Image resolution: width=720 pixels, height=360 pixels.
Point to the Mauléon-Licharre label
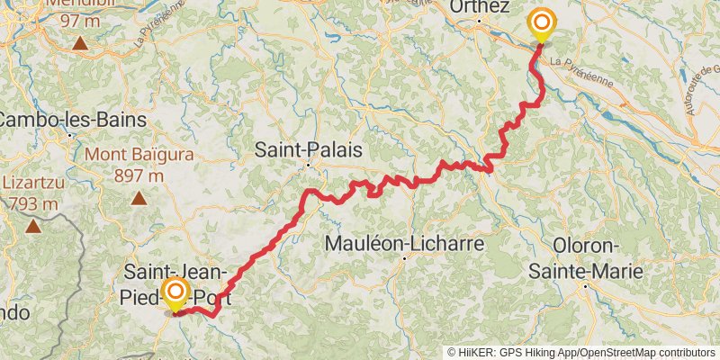(x=404, y=243)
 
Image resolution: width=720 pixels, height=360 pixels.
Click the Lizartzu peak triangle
(x=33, y=225)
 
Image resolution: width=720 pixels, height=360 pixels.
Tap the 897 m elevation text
(x=139, y=176)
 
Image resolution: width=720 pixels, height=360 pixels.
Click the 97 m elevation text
(x=80, y=20)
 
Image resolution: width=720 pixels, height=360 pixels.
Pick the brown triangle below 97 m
(x=80, y=42)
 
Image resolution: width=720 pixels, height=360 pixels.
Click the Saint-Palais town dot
(x=307, y=165)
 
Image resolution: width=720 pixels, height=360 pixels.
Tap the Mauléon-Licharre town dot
(x=404, y=258)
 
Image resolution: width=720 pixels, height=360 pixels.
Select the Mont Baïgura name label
(x=139, y=155)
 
